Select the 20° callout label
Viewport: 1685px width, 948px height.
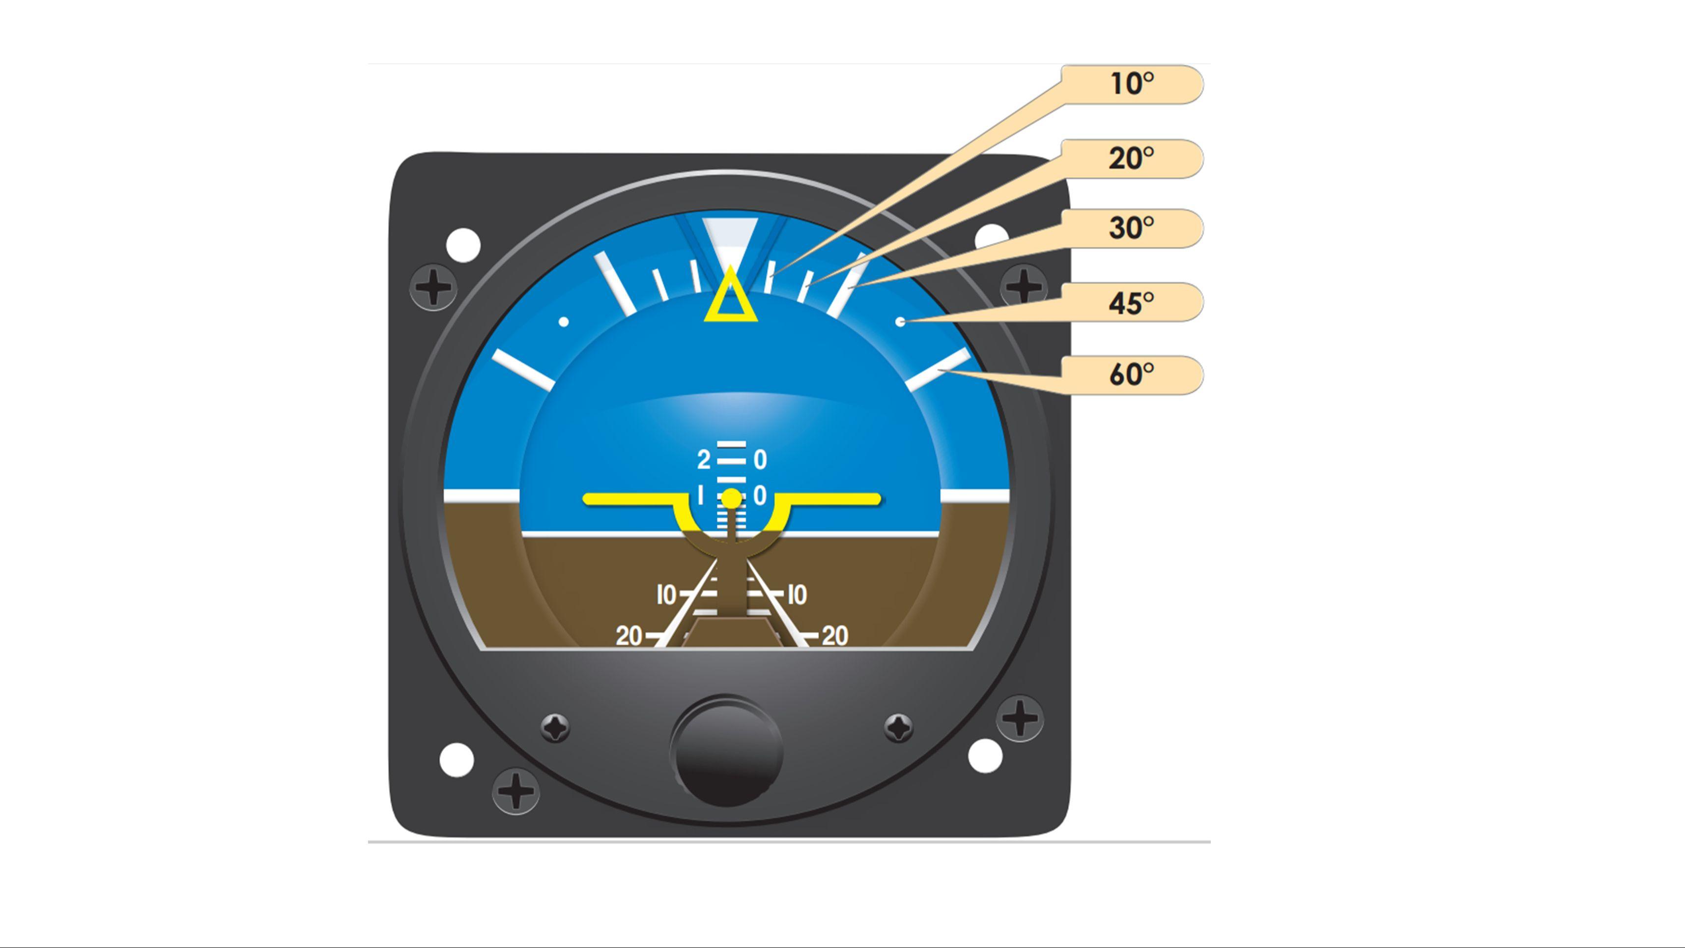[1132, 158]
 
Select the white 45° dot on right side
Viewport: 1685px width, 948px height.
[900, 322]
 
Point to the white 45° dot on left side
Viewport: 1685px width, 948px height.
[563, 322]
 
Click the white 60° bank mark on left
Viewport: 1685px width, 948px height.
[523, 370]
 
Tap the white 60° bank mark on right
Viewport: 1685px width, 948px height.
[938, 369]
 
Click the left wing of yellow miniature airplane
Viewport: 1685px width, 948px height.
[628, 500]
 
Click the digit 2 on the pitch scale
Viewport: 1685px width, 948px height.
[703, 460]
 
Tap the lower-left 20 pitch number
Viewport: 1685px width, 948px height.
[628, 636]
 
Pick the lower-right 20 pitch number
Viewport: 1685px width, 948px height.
[835, 636]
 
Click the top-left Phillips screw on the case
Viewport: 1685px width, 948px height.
[433, 287]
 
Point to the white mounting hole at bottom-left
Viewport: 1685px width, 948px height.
[457, 759]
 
